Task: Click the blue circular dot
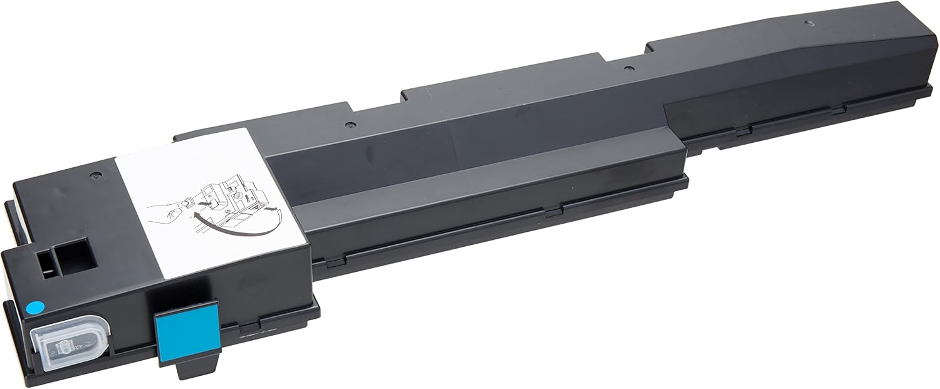pos(36,307)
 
